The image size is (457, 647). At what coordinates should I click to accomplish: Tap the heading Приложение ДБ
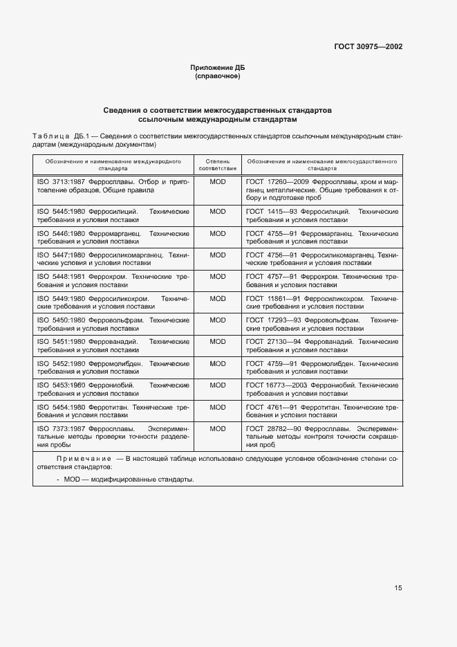(x=218, y=67)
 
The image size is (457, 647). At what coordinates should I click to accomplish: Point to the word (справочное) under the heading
(x=218, y=76)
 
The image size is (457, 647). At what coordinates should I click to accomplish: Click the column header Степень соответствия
(x=218, y=164)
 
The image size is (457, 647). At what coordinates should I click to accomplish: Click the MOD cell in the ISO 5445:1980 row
(x=218, y=212)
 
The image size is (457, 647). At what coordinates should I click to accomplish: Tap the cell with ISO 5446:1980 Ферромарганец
(x=113, y=237)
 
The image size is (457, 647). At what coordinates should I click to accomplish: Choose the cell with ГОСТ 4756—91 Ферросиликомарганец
(x=322, y=259)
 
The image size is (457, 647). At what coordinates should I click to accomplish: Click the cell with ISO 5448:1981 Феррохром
(x=113, y=280)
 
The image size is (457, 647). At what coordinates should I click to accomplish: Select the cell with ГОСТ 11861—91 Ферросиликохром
(x=322, y=302)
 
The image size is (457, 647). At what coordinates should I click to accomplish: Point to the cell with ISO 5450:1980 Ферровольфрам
(x=113, y=324)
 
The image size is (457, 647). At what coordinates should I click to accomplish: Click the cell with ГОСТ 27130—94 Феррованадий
(x=322, y=345)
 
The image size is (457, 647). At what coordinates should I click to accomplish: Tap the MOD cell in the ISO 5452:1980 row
(x=218, y=363)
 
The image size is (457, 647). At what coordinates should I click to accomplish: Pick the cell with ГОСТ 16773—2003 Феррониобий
(x=322, y=389)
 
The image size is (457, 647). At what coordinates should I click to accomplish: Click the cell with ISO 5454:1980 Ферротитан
(x=113, y=411)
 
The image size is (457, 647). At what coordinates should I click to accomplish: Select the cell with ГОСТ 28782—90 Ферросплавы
(x=322, y=437)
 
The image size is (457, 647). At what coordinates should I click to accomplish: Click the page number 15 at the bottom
(x=398, y=587)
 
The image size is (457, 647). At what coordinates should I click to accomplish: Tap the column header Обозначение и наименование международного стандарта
(x=113, y=164)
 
